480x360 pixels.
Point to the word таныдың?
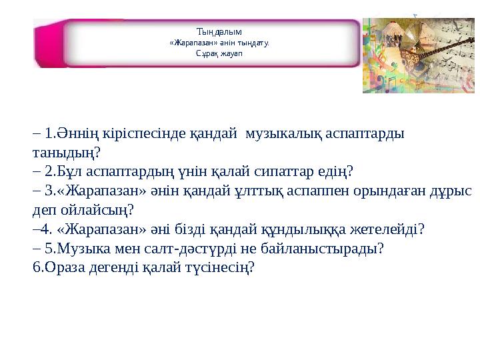click(67, 153)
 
